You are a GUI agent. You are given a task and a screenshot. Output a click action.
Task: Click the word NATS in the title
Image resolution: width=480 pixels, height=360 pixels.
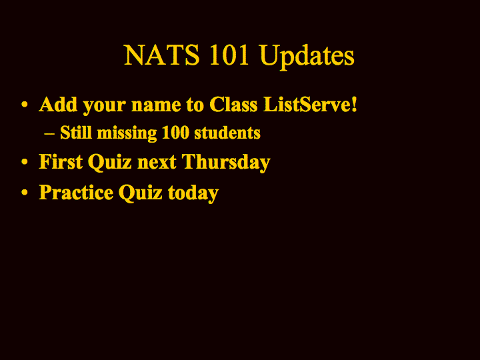(x=161, y=55)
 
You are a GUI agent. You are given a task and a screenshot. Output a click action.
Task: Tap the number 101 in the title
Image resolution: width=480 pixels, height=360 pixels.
(x=229, y=55)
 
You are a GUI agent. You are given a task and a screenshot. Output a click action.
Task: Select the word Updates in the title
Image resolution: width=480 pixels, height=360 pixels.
(x=307, y=57)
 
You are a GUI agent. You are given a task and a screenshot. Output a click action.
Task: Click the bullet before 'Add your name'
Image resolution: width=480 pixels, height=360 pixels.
(x=25, y=105)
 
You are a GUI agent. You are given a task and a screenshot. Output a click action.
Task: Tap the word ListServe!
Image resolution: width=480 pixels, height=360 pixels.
(x=311, y=104)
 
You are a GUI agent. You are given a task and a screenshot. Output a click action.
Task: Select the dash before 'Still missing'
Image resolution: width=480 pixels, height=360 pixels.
(x=49, y=133)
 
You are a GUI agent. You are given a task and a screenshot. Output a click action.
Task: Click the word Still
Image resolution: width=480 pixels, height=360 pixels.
(x=76, y=132)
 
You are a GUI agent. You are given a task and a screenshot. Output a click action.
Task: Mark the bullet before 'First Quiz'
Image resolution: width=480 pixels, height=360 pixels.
(x=25, y=161)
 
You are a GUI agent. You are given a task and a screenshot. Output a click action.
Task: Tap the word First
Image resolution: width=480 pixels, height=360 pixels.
(x=61, y=161)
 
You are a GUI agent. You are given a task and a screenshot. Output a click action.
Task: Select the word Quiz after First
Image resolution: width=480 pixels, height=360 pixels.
(x=109, y=162)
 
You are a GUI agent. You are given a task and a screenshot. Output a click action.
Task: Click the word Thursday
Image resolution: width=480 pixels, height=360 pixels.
(x=226, y=163)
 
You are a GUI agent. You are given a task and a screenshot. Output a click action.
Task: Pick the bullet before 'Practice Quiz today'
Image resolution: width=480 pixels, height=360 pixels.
(x=25, y=192)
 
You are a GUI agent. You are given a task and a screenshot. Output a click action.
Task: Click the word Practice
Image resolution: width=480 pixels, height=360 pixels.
(x=76, y=192)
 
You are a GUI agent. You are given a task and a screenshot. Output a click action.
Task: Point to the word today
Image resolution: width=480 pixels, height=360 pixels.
(x=193, y=193)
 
